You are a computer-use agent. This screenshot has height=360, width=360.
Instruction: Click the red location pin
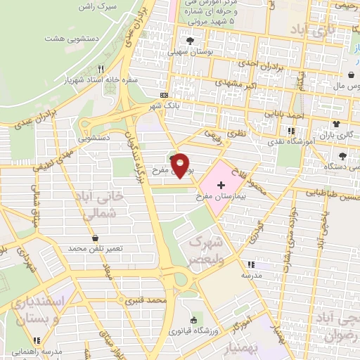point(181,165)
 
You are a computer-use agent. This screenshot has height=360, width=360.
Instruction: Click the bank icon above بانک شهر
point(164,95)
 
